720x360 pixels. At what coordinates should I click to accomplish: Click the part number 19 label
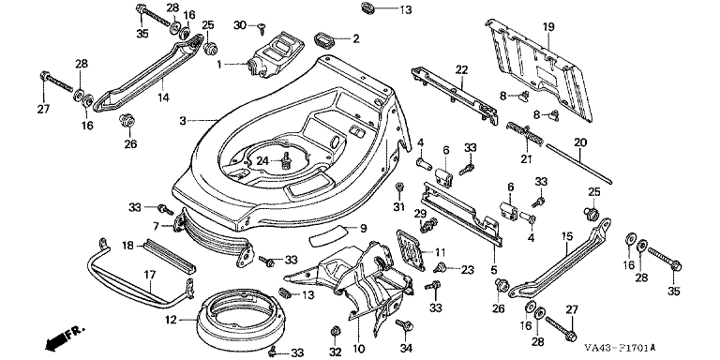(548, 27)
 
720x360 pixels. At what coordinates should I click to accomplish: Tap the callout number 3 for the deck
(183, 121)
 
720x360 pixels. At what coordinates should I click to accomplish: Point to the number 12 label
(171, 320)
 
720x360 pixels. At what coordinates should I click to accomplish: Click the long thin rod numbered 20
(578, 164)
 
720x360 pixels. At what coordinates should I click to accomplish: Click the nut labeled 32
(336, 331)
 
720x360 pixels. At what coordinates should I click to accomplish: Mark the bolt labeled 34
(404, 325)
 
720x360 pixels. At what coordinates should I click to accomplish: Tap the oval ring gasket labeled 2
(323, 39)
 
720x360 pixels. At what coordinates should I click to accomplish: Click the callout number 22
(461, 70)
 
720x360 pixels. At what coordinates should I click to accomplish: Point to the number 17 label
(150, 275)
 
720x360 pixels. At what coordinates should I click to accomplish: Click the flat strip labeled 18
(169, 255)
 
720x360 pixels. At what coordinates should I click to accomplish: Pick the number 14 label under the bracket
(163, 97)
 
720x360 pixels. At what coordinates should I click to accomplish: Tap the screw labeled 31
(399, 187)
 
